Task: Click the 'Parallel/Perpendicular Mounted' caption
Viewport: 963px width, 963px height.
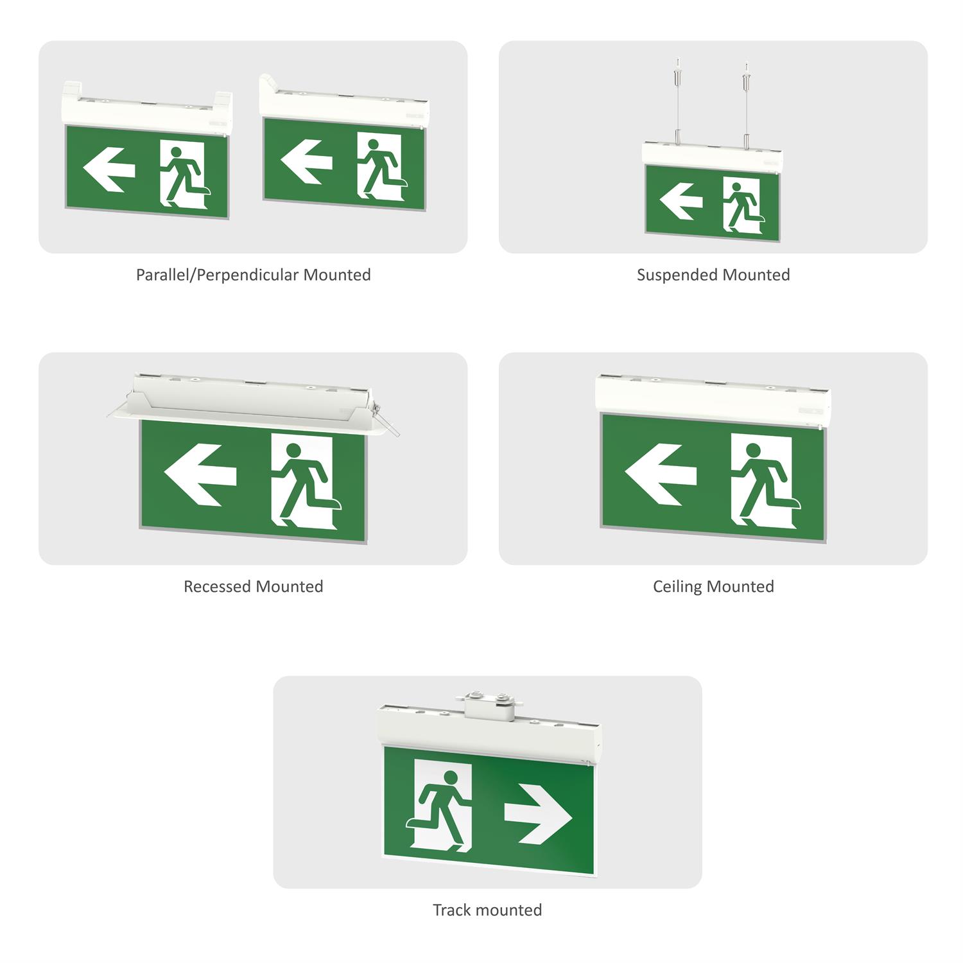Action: pos(253,275)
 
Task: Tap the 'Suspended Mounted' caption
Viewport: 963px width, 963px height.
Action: pos(713,275)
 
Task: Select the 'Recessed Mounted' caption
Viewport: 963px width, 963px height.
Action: pos(253,587)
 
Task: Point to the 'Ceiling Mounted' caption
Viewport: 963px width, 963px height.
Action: pos(713,587)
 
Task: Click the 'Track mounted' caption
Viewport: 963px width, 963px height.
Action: pos(487,910)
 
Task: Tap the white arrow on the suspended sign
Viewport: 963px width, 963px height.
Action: pos(681,200)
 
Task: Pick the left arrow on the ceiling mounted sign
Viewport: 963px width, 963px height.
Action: pos(661,475)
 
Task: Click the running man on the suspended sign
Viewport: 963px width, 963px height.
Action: pos(743,205)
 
